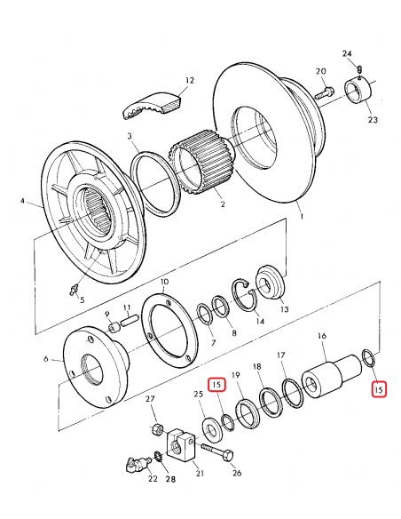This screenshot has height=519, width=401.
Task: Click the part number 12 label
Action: pos(189,80)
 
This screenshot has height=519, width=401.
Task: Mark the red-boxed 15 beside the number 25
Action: pos(217,386)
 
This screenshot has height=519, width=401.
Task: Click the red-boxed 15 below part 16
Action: pos(379,388)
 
